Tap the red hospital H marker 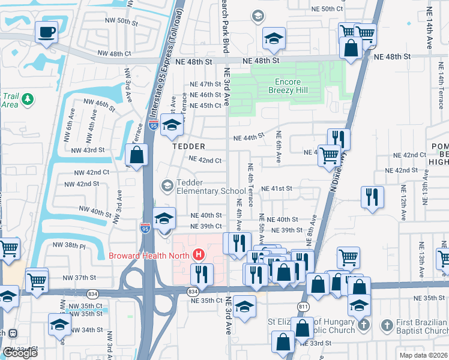click(199, 254)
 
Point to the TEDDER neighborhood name click(189, 146)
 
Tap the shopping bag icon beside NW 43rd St click(137, 155)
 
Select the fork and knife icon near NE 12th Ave click(372, 196)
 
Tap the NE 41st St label click(276, 188)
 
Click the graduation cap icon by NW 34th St click(59, 324)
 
